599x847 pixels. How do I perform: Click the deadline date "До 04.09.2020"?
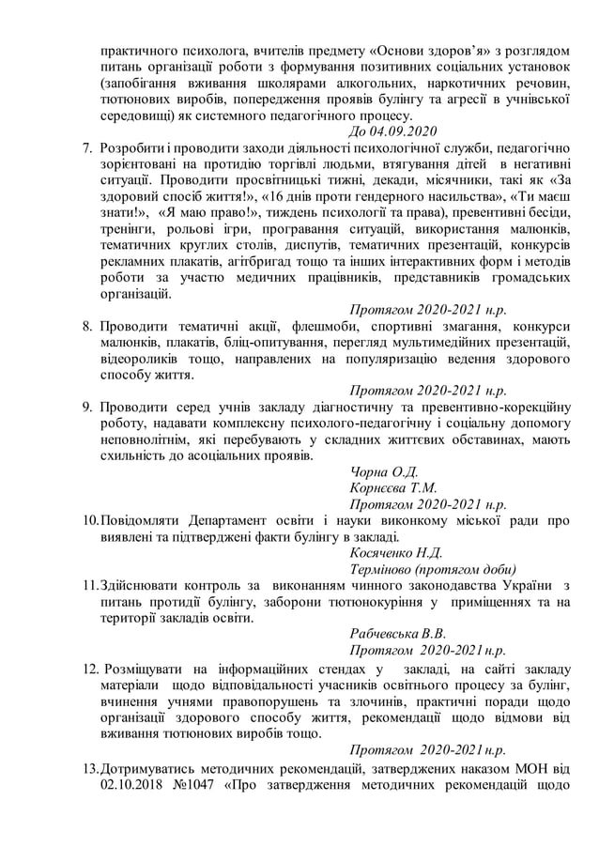tap(392, 131)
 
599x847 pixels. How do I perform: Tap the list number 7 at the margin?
tap(86, 149)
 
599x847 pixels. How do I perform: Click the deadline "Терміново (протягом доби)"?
tap(432, 569)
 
